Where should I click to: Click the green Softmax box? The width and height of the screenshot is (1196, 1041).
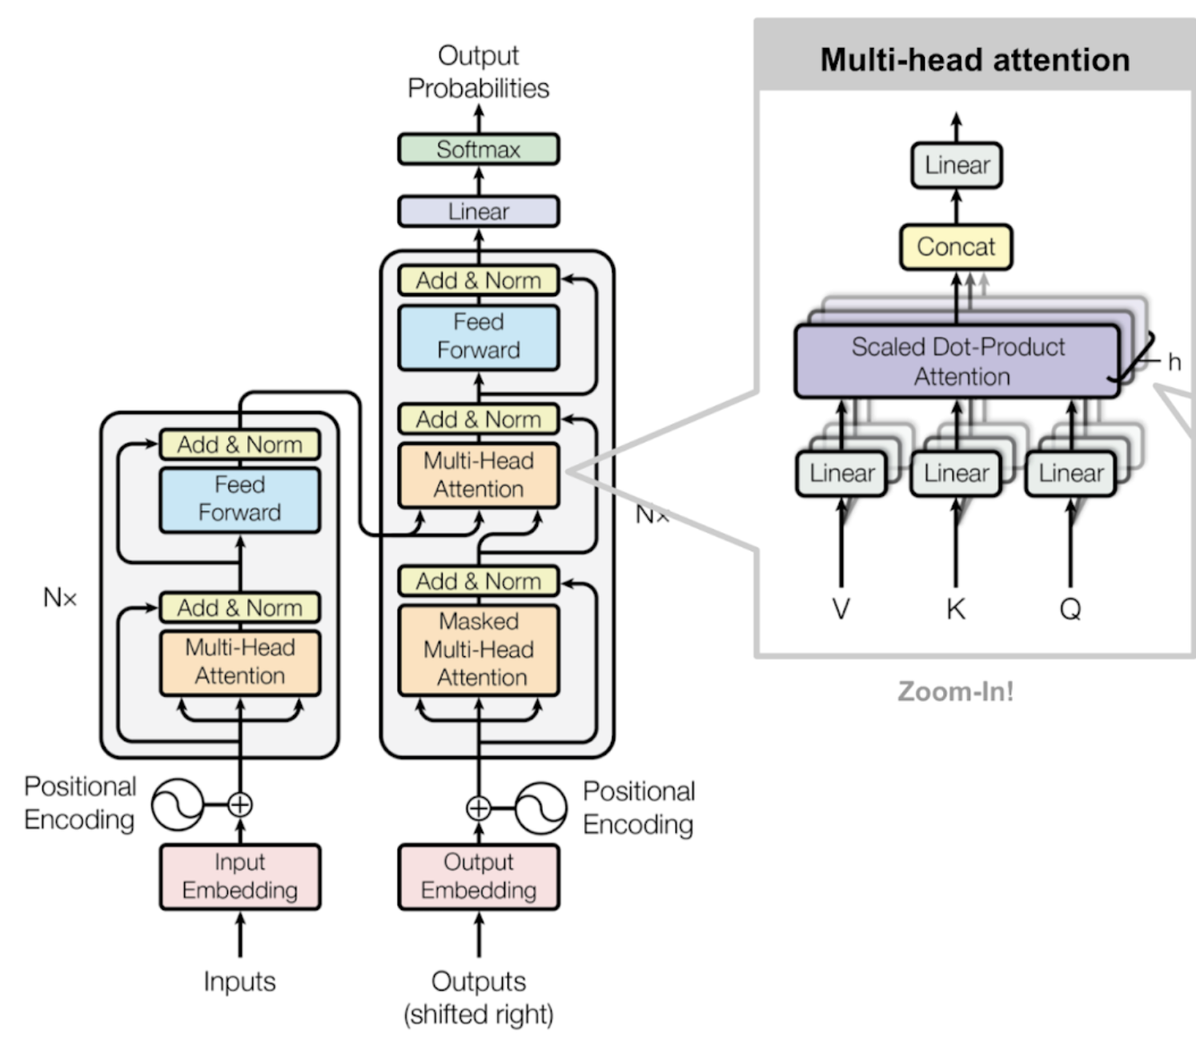(478, 149)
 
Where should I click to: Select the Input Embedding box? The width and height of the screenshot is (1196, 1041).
(239, 876)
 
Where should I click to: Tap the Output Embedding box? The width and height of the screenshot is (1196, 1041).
(478, 876)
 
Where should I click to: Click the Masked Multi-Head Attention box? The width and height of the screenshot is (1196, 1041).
(478, 650)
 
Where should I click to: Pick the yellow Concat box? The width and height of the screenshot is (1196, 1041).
(956, 246)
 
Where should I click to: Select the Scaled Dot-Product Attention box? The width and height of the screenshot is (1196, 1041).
(957, 361)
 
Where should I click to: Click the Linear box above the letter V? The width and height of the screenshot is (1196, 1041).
(841, 473)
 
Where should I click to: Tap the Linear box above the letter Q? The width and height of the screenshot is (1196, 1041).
(1070, 473)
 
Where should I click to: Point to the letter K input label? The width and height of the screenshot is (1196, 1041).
(956, 609)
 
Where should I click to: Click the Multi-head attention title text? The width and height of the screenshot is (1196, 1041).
(975, 59)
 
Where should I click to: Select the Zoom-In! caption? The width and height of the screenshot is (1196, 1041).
(955, 691)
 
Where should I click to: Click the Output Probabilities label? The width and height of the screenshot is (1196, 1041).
(478, 72)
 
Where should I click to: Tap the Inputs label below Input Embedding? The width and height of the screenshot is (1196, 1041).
(239, 982)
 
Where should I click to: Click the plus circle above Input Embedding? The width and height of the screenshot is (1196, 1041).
(239, 804)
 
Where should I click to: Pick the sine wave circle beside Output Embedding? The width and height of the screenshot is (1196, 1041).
(540, 808)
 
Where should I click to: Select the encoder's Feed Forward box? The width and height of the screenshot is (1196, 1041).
(239, 498)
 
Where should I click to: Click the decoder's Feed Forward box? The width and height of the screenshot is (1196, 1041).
(478, 337)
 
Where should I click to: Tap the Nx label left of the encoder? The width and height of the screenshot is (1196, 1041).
(59, 597)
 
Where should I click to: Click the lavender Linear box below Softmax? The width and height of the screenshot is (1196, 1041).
(478, 211)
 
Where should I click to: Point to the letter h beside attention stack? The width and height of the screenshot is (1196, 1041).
(1174, 362)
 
